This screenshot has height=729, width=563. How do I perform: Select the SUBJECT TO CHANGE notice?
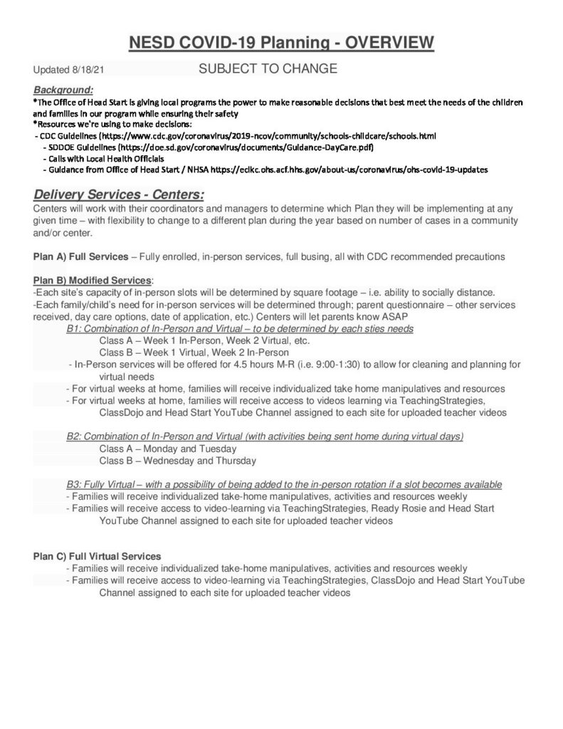click(268, 69)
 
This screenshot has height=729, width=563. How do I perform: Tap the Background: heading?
click(63, 90)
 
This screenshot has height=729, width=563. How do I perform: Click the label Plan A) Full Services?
click(80, 256)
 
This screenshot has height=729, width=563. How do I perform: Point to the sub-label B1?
click(74, 328)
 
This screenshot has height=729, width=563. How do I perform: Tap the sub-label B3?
click(74, 484)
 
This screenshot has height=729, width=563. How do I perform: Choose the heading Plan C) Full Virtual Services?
click(97, 556)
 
